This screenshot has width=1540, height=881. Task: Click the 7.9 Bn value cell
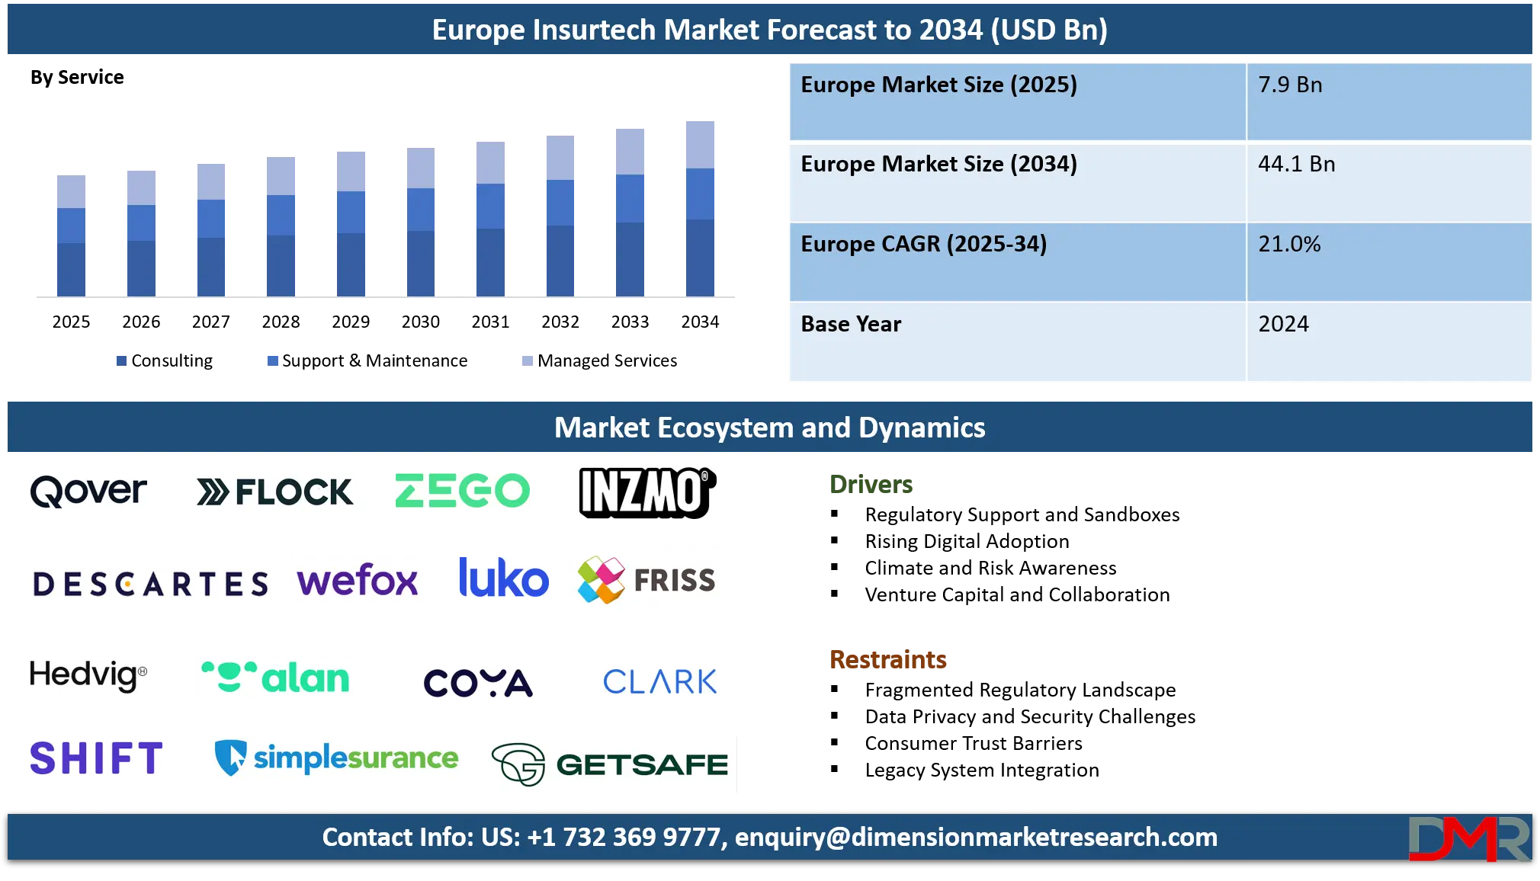[1290, 85]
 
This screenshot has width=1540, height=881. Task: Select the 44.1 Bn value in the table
[1296, 165]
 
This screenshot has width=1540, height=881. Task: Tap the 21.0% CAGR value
[1289, 245]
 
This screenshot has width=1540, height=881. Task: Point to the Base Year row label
[851, 325]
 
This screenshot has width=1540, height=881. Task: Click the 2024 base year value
[1283, 325]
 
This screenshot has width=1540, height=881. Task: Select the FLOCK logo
[274, 493]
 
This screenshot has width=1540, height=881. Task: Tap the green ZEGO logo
[460, 491]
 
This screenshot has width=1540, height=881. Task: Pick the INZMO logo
[649, 493]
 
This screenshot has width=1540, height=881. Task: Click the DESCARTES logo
[152, 587]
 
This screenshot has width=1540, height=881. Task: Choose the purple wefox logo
[357, 580]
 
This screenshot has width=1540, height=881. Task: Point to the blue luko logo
[502, 577]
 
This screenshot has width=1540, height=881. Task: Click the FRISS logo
[646, 579]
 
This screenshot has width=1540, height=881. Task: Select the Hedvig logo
[91, 676]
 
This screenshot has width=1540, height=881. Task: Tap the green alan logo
[274, 677]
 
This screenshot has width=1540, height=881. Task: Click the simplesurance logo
[335, 757]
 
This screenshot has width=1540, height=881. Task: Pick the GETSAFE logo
[610, 765]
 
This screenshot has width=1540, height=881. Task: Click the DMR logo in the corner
[1468, 839]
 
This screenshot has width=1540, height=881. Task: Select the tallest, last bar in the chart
[701, 206]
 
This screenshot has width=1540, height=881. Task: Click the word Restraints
[889, 659]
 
